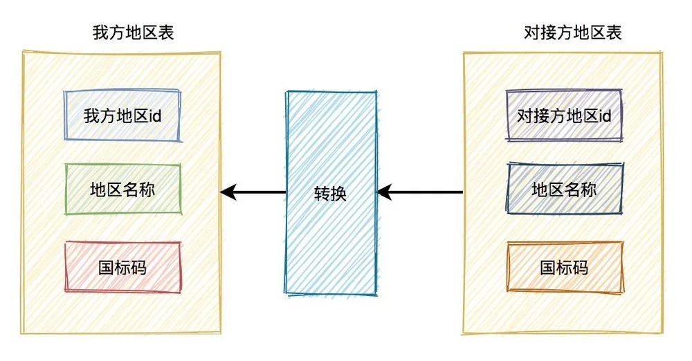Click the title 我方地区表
[134, 33]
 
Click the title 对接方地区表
[573, 33]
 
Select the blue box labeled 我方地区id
[122, 115]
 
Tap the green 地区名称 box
[122, 189]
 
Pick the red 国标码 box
[122, 267]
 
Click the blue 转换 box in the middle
[331, 193]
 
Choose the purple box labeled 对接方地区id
[564, 115]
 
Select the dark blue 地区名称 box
[565, 189]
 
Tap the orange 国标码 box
[565, 267]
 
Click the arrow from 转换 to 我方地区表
[253, 192]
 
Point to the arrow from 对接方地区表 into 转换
[420, 192]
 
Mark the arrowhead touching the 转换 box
[385, 192]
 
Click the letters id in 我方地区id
[155, 116]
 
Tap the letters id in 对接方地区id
[605, 116]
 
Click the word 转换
[330, 194]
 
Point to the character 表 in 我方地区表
[166, 33]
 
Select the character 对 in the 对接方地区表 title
[532, 33]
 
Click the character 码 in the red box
[138, 268]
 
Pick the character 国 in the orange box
[549, 268]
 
